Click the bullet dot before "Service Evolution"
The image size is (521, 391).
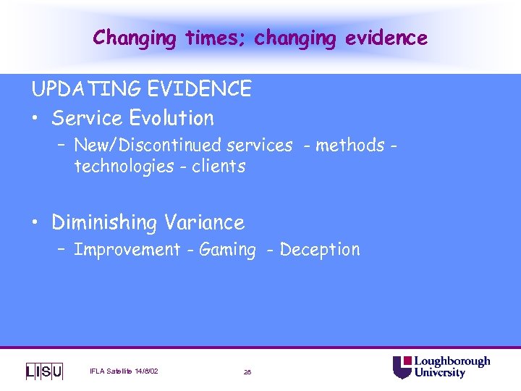point(37,118)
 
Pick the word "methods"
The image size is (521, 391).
point(350,146)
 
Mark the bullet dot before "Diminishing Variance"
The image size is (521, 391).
point(37,222)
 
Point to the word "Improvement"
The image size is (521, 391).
point(127,250)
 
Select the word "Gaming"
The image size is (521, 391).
point(227,250)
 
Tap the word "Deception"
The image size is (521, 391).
point(319,250)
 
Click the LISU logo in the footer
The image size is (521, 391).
point(44,371)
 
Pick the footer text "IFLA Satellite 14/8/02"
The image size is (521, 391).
point(124,371)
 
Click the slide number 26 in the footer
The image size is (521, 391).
point(247,372)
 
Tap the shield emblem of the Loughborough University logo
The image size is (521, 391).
point(402,367)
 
